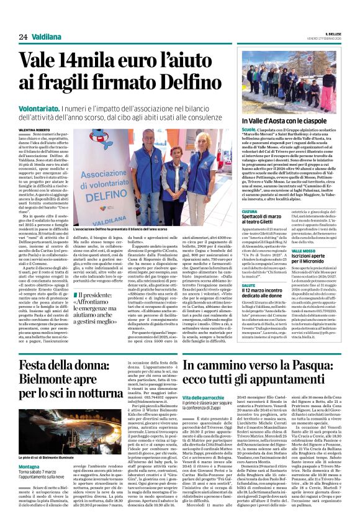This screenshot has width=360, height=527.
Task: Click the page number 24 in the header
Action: (22, 37)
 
